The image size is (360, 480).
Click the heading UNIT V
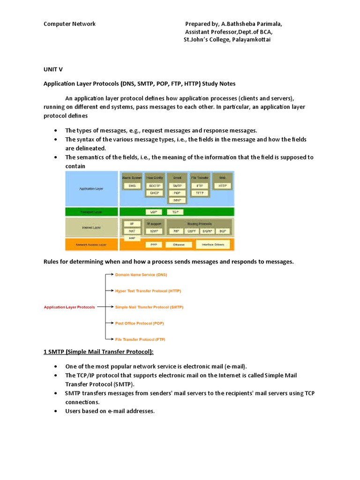tap(53, 69)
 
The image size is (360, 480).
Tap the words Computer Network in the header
tap(69, 24)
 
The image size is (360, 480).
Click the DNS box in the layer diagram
tap(132, 186)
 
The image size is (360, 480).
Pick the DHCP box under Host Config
tap(155, 193)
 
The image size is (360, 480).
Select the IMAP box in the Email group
tap(177, 200)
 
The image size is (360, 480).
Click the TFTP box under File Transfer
tap(199, 193)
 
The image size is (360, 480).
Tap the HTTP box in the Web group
tap(222, 186)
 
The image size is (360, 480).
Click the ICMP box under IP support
tap(154, 231)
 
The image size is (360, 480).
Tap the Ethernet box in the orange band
tap(179, 245)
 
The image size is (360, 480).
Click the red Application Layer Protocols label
tap(69, 307)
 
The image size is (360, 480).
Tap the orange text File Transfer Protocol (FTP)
tap(140, 339)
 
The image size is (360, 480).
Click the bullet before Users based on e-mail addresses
tap(56, 411)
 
